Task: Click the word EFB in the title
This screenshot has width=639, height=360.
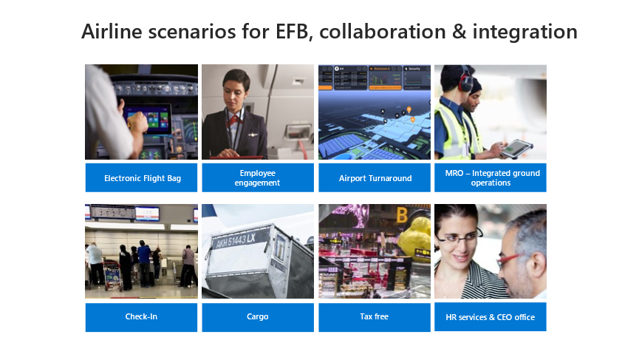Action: [291, 32]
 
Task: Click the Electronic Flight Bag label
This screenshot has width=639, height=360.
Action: [143, 178]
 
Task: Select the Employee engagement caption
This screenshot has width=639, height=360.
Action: [258, 177]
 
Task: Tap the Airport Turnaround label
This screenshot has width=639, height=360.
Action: [375, 178]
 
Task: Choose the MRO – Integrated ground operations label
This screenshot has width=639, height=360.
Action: [492, 177]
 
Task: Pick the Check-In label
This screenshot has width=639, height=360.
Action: [141, 316]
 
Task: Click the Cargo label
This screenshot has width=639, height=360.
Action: [258, 317]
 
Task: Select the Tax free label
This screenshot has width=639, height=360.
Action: [374, 316]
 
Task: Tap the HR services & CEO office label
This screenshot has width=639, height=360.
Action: [491, 317]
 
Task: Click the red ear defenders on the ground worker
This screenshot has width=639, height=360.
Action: [465, 81]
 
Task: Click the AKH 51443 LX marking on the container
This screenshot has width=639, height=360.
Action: [235, 240]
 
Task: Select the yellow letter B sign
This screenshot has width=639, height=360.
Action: [402, 215]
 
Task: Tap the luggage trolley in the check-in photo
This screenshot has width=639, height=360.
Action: [113, 275]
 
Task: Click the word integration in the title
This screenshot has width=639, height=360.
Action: [525, 32]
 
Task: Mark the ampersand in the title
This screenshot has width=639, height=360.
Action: [459, 32]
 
